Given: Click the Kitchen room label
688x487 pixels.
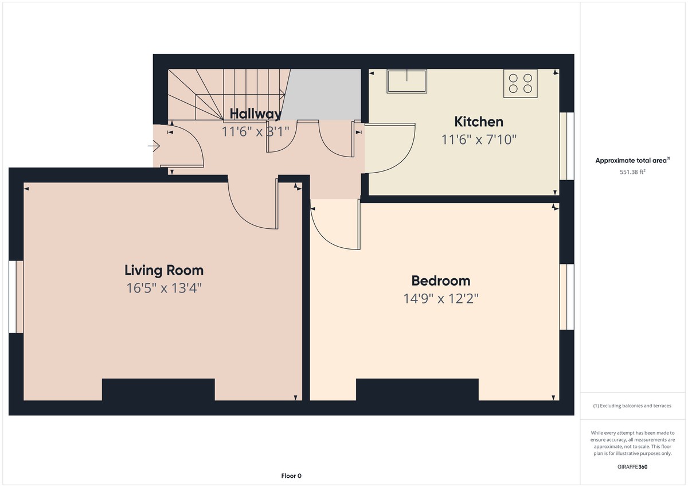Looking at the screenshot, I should click(479, 122).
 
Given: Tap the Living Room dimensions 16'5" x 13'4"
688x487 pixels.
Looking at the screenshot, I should click(164, 288).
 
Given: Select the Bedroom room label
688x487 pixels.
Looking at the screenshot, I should click(441, 280).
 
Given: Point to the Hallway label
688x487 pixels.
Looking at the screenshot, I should click(255, 114).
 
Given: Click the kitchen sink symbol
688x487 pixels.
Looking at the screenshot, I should click(406, 81).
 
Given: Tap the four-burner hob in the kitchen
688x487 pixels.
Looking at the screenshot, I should click(521, 83).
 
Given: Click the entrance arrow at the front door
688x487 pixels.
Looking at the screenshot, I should click(154, 147).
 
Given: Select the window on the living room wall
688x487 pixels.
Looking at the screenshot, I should click(16, 297).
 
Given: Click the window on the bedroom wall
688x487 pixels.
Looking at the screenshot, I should click(566, 297).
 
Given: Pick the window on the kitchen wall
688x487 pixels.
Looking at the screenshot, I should click(566, 146).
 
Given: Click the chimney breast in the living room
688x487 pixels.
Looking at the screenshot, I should click(158, 389).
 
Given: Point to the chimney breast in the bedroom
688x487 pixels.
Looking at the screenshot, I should click(417, 389).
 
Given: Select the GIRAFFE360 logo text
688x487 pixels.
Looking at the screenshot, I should click(632, 467).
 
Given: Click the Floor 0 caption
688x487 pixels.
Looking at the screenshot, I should click(291, 476).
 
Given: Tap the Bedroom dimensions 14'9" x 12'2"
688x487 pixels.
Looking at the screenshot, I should click(441, 298).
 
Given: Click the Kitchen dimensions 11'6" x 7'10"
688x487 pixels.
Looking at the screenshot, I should click(479, 139).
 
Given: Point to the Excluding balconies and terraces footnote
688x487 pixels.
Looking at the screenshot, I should click(632, 406).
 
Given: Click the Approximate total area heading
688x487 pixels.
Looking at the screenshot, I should click(632, 161).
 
